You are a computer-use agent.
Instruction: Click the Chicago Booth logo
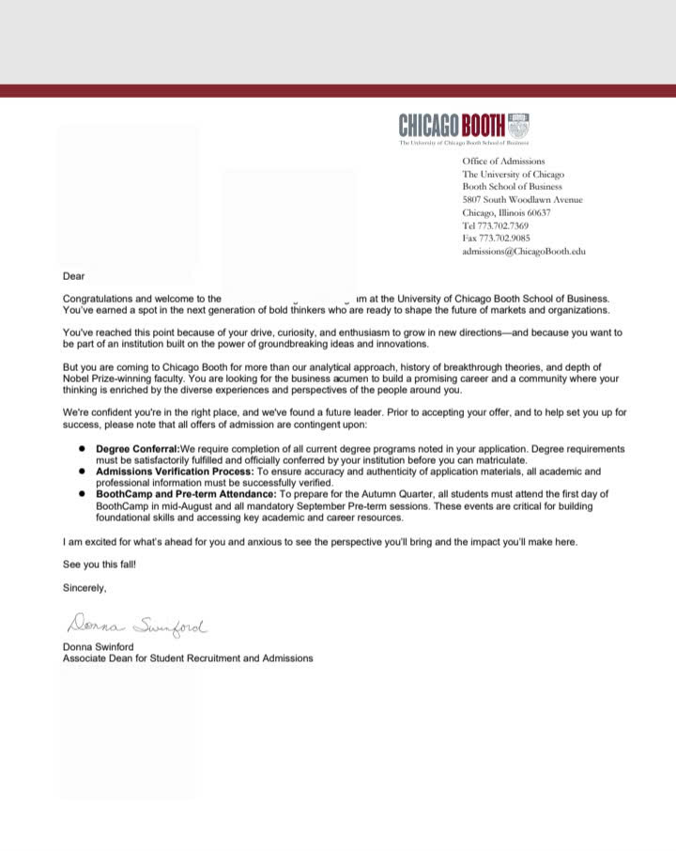pyautogui.click(x=464, y=126)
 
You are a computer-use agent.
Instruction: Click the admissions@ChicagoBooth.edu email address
pyautogui.click(x=523, y=252)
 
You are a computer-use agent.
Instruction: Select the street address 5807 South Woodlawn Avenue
pyautogui.click(x=522, y=199)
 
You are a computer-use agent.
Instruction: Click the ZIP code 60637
pyautogui.click(x=539, y=212)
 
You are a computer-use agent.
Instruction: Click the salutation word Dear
pyautogui.click(x=73, y=276)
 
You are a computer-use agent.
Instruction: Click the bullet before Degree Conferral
pyautogui.click(x=83, y=449)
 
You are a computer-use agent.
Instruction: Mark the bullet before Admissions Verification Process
pyautogui.click(x=83, y=472)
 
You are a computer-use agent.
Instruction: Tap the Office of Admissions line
pyautogui.click(x=503, y=162)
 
